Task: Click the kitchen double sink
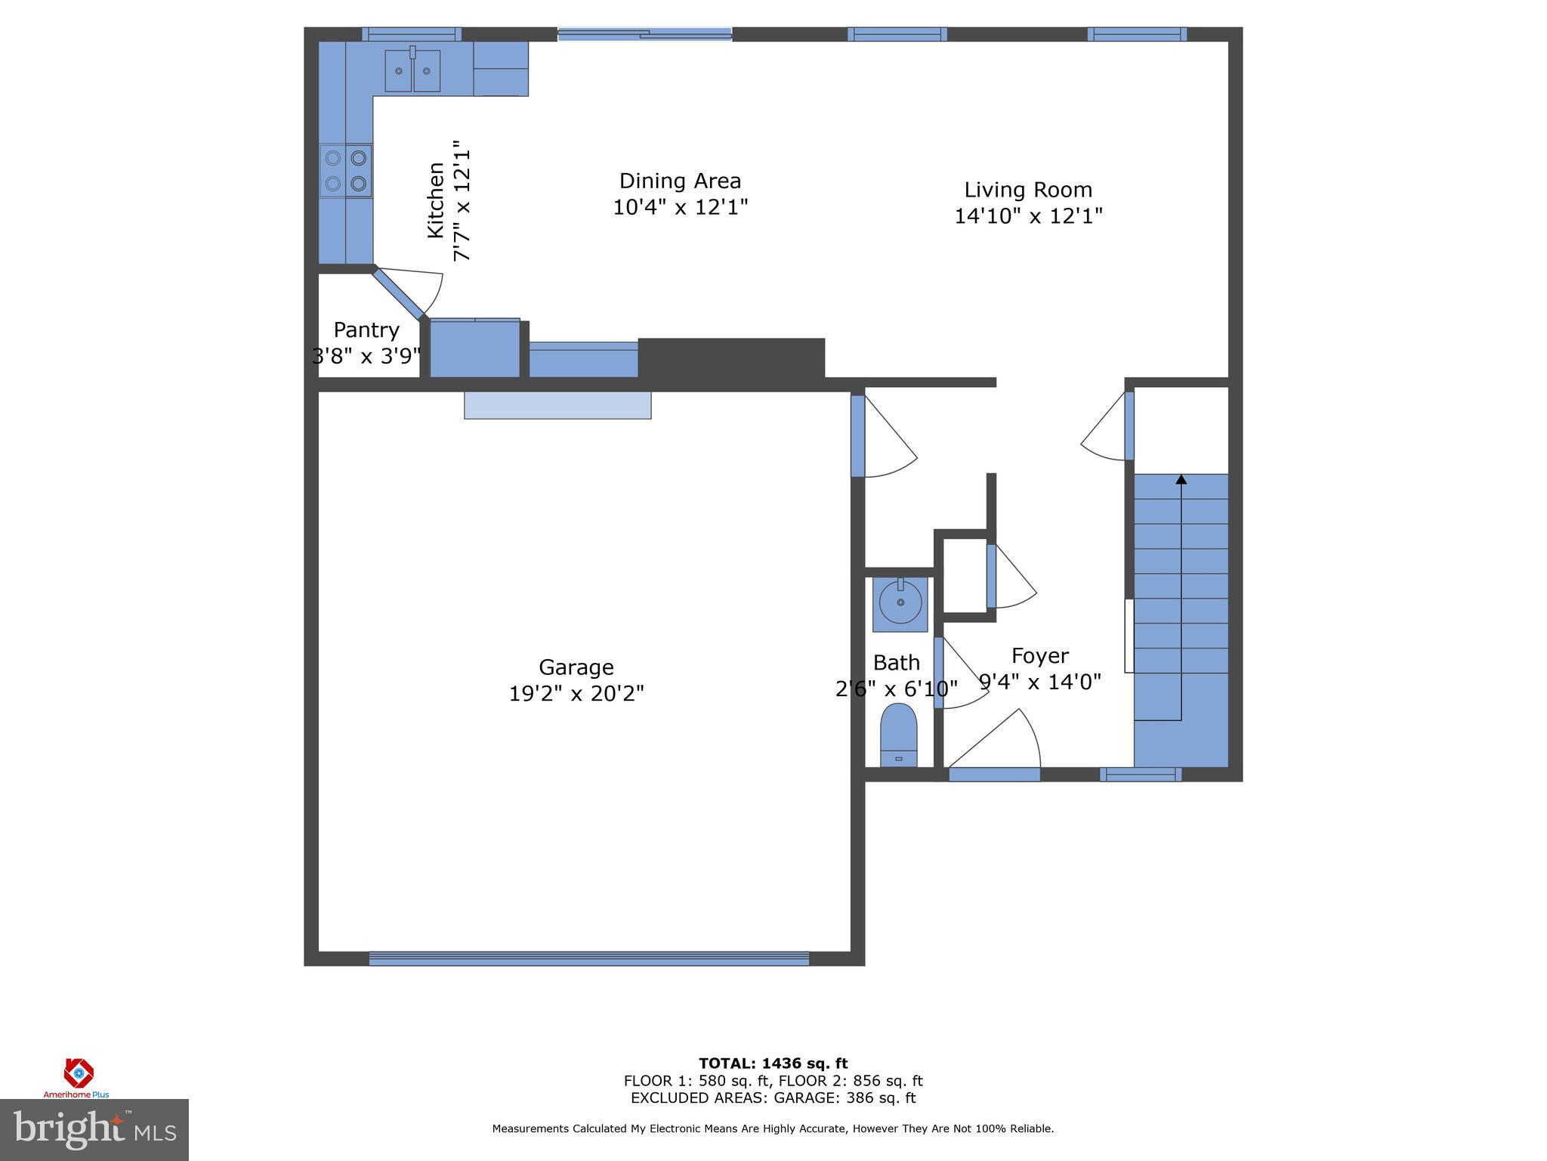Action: [412, 70]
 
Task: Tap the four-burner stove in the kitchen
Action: [346, 171]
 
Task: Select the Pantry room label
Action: [366, 330]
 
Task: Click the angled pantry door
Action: [399, 294]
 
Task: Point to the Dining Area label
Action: [680, 181]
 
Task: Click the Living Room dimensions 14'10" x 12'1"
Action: [1028, 216]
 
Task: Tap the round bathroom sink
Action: [900, 602]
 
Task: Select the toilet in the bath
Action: [898, 735]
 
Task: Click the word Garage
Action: [576, 667]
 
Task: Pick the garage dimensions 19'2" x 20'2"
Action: [576, 693]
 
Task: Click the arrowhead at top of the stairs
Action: [1181, 479]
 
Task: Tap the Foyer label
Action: [1039, 655]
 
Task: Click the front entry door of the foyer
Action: [994, 773]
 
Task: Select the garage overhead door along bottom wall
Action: [588, 958]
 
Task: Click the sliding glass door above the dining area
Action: [644, 33]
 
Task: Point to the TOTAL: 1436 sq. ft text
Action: [773, 1063]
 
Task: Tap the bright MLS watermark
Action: [94, 1130]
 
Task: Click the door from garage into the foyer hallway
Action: [858, 436]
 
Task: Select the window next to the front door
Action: [1140, 774]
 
